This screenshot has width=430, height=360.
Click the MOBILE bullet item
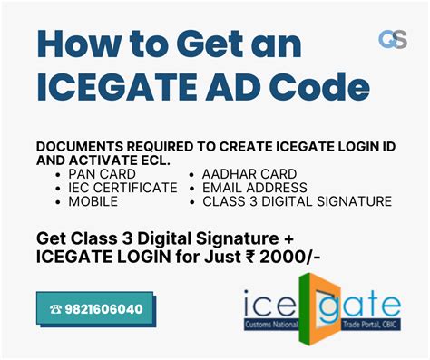(93, 201)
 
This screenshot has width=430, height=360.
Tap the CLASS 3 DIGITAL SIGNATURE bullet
(297, 201)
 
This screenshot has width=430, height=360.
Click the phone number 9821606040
(105, 309)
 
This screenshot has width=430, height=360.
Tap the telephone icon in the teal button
(55, 309)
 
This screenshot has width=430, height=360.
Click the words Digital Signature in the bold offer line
(209, 238)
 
